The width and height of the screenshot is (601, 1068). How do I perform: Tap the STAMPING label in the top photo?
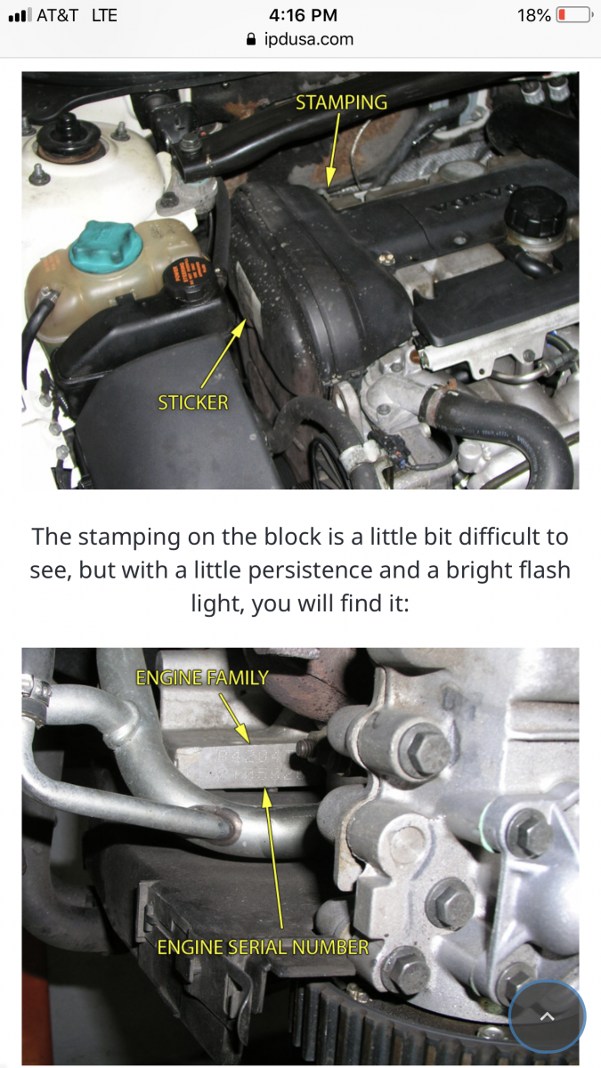click(341, 101)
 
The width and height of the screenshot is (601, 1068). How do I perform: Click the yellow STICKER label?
click(193, 402)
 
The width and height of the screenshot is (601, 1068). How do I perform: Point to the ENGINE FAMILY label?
click(201, 678)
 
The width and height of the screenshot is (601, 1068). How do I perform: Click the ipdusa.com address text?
click(309, 39)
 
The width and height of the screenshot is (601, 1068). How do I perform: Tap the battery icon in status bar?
click(574, 15)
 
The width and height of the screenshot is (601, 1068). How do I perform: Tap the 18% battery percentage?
click(533, 15)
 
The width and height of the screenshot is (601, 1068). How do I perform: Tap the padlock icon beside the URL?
click(249, 39)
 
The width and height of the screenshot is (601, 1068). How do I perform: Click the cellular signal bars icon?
click(18, 15)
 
